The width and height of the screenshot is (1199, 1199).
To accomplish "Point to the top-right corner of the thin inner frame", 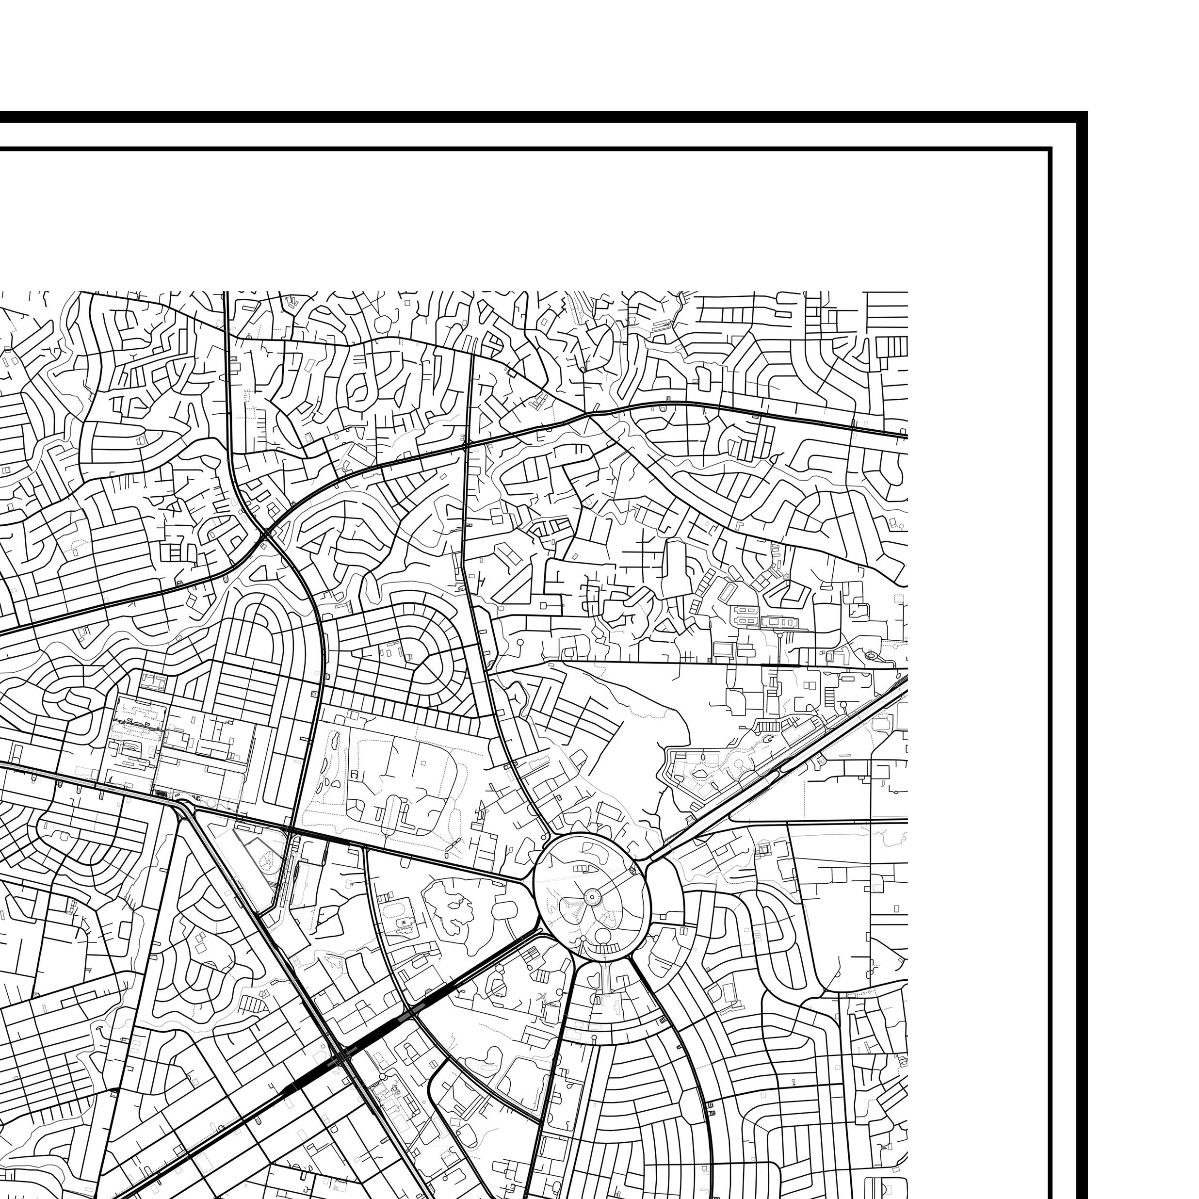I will (1050, 149).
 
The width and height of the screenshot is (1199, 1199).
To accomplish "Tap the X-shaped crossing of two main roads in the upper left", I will (266, 534).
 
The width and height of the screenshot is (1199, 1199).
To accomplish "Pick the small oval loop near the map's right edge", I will (871, 655).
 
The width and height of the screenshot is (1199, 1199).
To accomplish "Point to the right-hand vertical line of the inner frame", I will (1050, 621).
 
